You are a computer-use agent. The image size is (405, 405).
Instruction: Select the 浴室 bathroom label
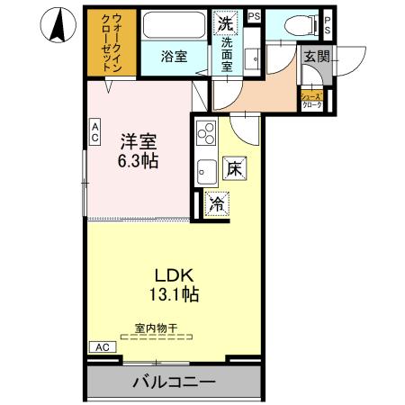coord(174,57)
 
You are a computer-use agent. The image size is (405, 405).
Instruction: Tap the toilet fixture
coord(298,24)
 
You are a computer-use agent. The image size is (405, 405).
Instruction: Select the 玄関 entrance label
coord(316,57)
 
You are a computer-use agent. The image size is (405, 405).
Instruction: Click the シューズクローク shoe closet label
coord(312,100)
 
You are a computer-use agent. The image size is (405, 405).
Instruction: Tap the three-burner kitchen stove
coord(205,133)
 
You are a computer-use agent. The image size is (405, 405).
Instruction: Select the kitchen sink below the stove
coord(205,167)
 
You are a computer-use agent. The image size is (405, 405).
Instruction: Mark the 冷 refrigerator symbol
coord(217,204)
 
